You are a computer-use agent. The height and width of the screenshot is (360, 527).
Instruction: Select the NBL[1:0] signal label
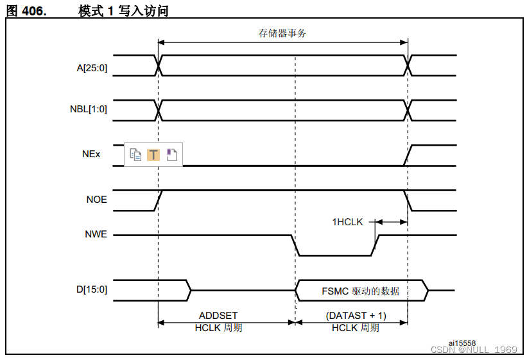click(x=89, y=109)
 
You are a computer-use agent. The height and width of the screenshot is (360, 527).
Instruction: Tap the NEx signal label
click(x=92, y=154)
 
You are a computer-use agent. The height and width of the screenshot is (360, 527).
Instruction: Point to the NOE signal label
click(x=97, y=200)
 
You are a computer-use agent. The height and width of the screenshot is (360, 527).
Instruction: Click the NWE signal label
click(x=96, y=235)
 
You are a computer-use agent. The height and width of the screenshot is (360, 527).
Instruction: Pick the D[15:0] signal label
click(x=92, y=289)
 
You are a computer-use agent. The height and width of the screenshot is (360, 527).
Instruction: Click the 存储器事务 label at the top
click(x=282, y=33)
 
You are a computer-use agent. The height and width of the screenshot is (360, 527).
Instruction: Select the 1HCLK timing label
click(x=347, y=222)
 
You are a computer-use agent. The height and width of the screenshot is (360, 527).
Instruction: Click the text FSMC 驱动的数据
click(x=360, y=291)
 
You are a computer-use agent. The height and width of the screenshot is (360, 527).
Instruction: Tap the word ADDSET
click(x=218, y=316)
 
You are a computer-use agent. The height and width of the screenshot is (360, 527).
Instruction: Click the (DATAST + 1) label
click(x=356, y=316)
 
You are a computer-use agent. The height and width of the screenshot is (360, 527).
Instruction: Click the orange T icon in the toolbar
click(x=153, y=155)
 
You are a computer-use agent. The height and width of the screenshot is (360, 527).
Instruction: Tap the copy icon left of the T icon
click(x=135, y=155)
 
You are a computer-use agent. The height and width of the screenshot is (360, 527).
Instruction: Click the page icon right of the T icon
click(x=171, y=155)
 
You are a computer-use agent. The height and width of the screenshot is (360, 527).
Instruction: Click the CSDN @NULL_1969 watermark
click(x=474, y=350)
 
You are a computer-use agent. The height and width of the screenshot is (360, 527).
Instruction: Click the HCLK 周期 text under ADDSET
click(x=218, y=328)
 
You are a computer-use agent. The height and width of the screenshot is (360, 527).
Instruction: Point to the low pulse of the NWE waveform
click(x=334, y=255)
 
